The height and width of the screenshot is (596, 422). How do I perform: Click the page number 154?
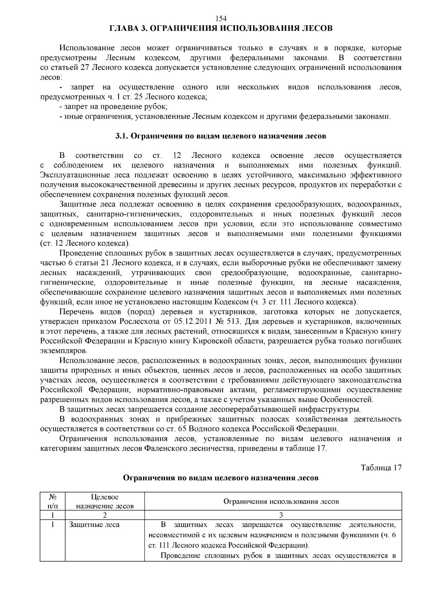click(221, 19)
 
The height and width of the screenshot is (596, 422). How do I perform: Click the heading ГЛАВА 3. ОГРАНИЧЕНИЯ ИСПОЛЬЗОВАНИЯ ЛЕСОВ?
click(221, 28)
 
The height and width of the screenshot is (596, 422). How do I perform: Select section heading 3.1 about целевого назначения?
click(221, 136)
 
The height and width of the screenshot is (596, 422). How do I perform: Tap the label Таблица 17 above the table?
click(381, 468)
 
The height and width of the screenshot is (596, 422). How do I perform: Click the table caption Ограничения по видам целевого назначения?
click(221, 478)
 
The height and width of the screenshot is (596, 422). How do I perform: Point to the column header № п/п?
click(52, 501)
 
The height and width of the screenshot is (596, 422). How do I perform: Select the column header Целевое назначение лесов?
click(105, 501)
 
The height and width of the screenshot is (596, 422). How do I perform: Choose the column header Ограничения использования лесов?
click(281, 501)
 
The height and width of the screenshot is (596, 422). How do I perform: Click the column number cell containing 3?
click(281, 515)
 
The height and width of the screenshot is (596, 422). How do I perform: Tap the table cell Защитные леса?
click(94, 525)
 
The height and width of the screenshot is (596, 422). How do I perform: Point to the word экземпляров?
click(64, 351)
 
